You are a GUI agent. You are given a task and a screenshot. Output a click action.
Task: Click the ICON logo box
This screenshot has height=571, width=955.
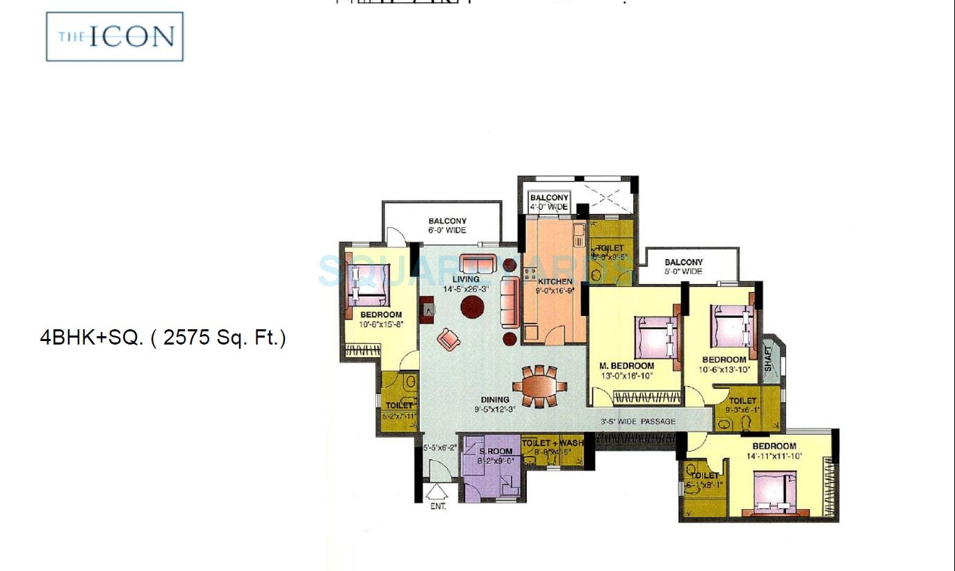(115, 36)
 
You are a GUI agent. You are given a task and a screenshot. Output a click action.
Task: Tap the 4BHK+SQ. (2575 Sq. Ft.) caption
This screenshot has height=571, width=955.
(163, 338)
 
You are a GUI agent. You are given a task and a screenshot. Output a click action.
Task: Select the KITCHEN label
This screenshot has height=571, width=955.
(555, 281)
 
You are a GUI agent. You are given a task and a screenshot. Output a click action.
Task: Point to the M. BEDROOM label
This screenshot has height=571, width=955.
(627, 366)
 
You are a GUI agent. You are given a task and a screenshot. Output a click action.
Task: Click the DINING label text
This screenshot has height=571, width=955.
(495, 399)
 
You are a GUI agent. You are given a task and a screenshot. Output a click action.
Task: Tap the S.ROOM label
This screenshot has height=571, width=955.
(496, 452)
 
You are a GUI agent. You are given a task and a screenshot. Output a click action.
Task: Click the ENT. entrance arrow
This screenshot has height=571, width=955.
(436, 494)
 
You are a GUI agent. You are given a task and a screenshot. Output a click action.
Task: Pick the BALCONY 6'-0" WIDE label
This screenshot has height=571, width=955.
(447, 226)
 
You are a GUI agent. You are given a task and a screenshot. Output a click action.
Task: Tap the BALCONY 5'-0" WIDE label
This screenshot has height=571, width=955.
(683, 267)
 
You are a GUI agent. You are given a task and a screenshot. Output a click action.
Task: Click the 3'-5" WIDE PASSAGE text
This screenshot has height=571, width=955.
(638, 422)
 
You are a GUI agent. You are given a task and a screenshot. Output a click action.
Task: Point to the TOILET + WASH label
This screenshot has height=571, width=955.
(553, 443)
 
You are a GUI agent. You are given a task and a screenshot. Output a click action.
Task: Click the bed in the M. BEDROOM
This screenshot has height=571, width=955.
(657, 338)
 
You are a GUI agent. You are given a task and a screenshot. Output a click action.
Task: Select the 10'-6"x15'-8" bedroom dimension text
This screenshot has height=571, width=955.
(381, 324)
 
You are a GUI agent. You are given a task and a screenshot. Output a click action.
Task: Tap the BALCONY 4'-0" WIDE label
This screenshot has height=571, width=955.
(549, 202)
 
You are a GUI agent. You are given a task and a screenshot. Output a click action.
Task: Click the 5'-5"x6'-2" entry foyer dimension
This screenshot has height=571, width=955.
(439, 448)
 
